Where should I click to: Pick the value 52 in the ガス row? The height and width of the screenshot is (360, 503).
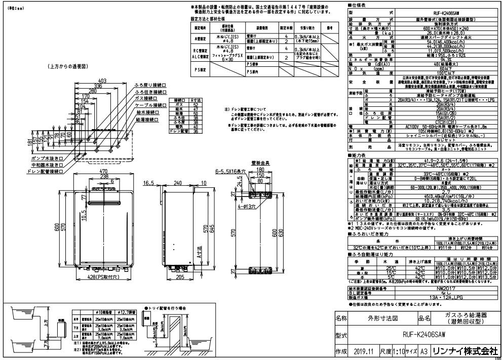(195, 105)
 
